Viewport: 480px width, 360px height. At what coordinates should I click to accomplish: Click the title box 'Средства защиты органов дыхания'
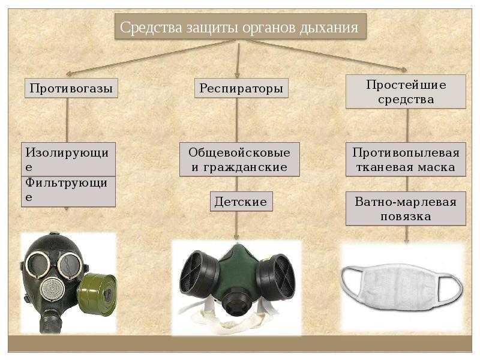241,26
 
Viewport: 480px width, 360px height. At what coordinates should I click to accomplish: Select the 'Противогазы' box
71,88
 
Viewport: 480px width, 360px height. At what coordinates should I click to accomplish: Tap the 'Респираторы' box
241,88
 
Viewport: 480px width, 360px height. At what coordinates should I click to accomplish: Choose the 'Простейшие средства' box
406,92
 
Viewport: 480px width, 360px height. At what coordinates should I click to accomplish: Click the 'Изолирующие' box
68,159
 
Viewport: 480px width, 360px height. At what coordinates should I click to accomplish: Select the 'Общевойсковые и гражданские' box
239,159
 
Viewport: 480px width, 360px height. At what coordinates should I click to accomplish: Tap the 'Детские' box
241,202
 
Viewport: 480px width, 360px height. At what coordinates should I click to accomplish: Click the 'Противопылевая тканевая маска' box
406,159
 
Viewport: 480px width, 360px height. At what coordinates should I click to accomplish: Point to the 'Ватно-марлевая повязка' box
406,209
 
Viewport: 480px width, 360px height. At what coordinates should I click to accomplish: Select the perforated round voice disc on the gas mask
53,290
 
